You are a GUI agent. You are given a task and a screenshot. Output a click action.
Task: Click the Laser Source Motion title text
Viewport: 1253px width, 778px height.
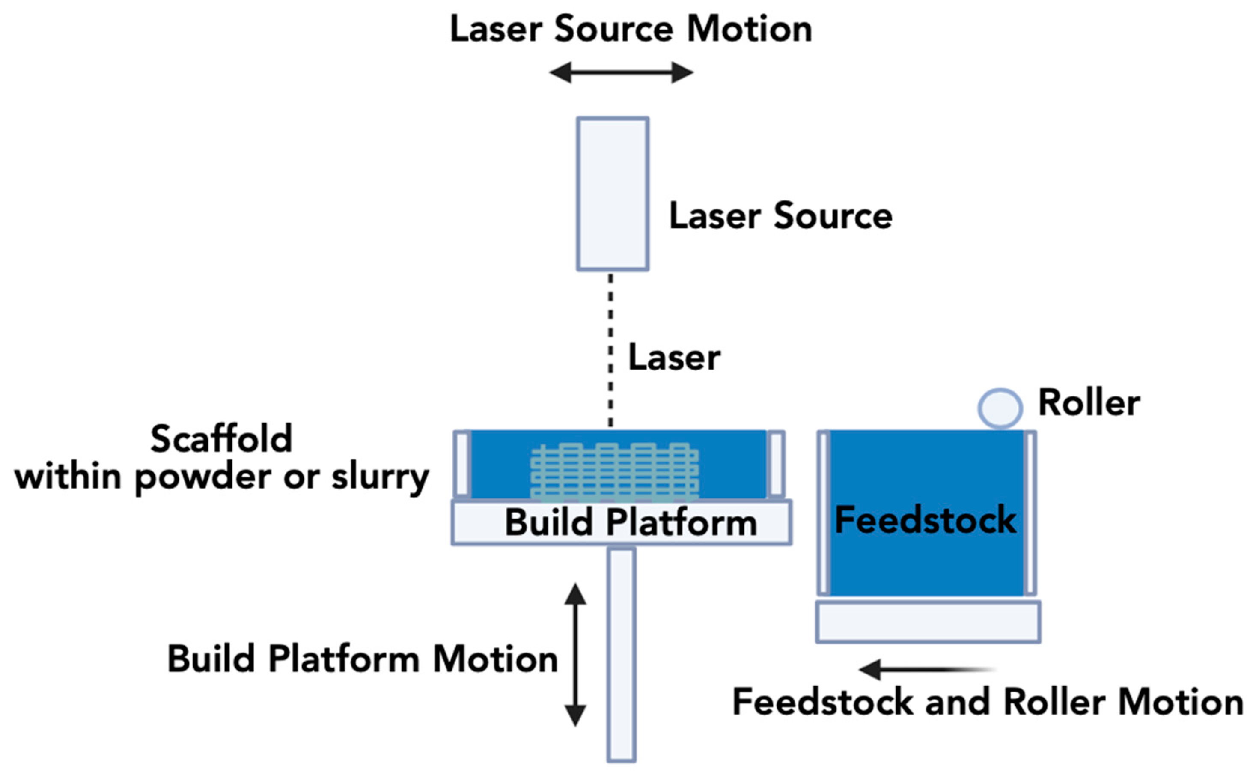pyautogui.click(x=631, y=29)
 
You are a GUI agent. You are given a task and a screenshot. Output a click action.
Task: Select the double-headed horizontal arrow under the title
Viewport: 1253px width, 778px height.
pyautogui.click(x=621, y=72)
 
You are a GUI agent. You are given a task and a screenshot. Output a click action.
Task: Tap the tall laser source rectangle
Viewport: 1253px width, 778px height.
pyautogui.click(x=613, y=194)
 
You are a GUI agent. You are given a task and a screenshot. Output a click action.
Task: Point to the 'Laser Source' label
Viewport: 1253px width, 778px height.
pyautogui.click(x=781, y=216)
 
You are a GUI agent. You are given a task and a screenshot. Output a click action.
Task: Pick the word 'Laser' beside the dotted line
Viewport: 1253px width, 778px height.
pyautogui.click(x=674, y=357)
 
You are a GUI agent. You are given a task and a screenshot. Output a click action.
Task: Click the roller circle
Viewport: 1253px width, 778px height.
pyautogui.click(x=1000, y=408)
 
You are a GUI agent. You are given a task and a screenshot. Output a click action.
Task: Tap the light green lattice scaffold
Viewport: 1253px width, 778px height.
pyautogui.click(x=615, y=472)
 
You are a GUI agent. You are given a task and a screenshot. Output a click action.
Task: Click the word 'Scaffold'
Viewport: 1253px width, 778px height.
pyautogui.click(x=222, y=439)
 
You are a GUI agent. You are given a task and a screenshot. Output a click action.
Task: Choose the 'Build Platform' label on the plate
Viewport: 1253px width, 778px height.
pyautogui.click(x=631, y=523)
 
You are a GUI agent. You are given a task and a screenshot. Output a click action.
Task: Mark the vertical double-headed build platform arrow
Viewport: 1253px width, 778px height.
pyautogui.click(x=576, y=655)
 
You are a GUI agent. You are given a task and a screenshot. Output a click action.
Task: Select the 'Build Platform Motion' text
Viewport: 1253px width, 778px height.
pyautogui.click(x=363, y=659)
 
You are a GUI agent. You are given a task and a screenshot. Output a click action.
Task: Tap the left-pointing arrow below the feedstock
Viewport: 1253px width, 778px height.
pyautogui.click(x=927, y=669)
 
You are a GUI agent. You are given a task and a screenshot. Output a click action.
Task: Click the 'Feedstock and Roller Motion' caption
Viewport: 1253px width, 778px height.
pyautogui.click(x=988, y=702)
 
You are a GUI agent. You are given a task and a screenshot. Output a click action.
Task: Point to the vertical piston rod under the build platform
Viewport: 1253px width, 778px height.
pyautogui.click(x=621, y=655)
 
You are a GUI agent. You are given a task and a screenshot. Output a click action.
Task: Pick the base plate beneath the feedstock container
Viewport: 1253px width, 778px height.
pyautogui.click(x=929, y=622)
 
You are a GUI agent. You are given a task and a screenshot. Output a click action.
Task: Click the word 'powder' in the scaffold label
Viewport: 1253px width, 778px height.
pyautogui.click(x=202, y=479)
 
